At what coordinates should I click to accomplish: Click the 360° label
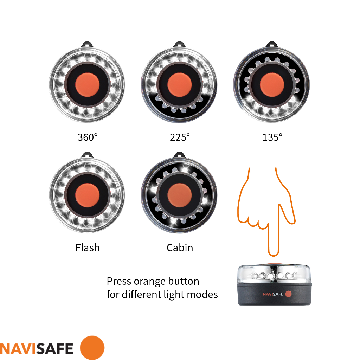tap(88, 137)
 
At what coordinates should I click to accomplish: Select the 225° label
tap(180, 137)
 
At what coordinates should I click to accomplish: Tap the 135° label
tap(272, 137)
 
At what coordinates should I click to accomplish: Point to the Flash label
tap(88, 247)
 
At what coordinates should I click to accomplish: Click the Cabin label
tap(180, 247)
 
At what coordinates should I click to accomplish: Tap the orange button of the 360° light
tap(87, 85)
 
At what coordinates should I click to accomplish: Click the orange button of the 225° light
tap(179, 85)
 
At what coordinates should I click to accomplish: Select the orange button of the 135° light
tap(272, 85)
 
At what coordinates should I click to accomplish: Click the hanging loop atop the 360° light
tap(87, 45)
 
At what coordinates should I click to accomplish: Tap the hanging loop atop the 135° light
tap(272, 45)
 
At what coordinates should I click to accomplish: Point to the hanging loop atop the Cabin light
tap(179, 155)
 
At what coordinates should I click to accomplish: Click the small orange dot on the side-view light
tap(288, 294)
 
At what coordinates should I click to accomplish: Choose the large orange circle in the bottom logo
tap(92, 348)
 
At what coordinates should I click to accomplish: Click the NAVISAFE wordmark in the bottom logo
tap(37, 348)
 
